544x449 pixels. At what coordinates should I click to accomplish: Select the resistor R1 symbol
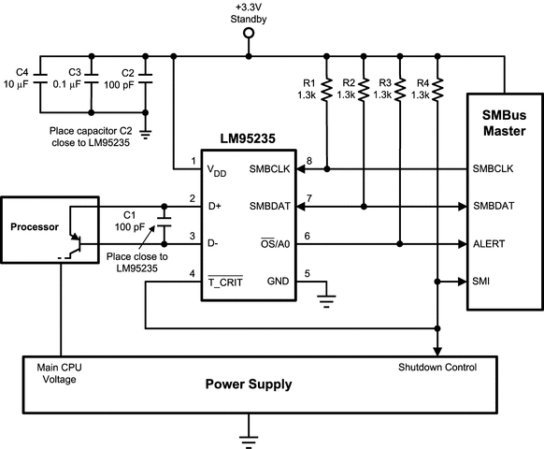coord(327,89)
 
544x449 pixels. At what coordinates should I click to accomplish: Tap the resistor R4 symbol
coord(437,89)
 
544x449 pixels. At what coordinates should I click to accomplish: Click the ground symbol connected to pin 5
coord(326,301)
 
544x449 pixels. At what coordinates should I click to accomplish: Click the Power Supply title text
coord(250,384)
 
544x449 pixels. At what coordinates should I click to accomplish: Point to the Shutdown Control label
coord(437,366)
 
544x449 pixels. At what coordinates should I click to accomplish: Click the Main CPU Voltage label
coord(58,372)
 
